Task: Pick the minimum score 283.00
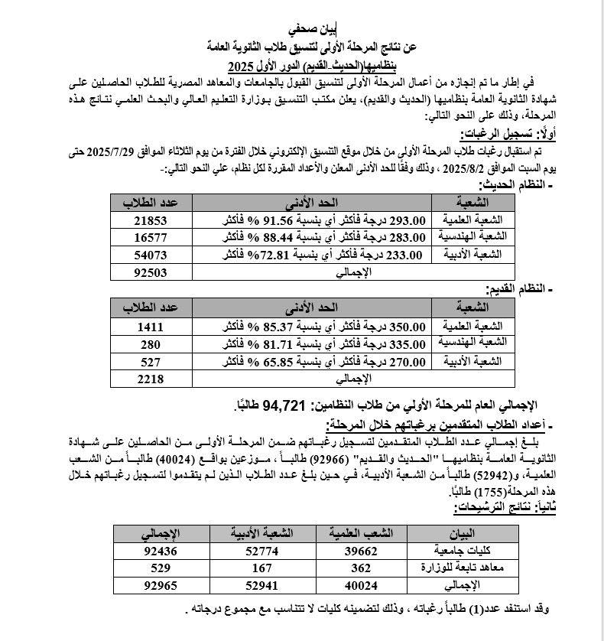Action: pyautogui.click(x=405, y=237)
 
